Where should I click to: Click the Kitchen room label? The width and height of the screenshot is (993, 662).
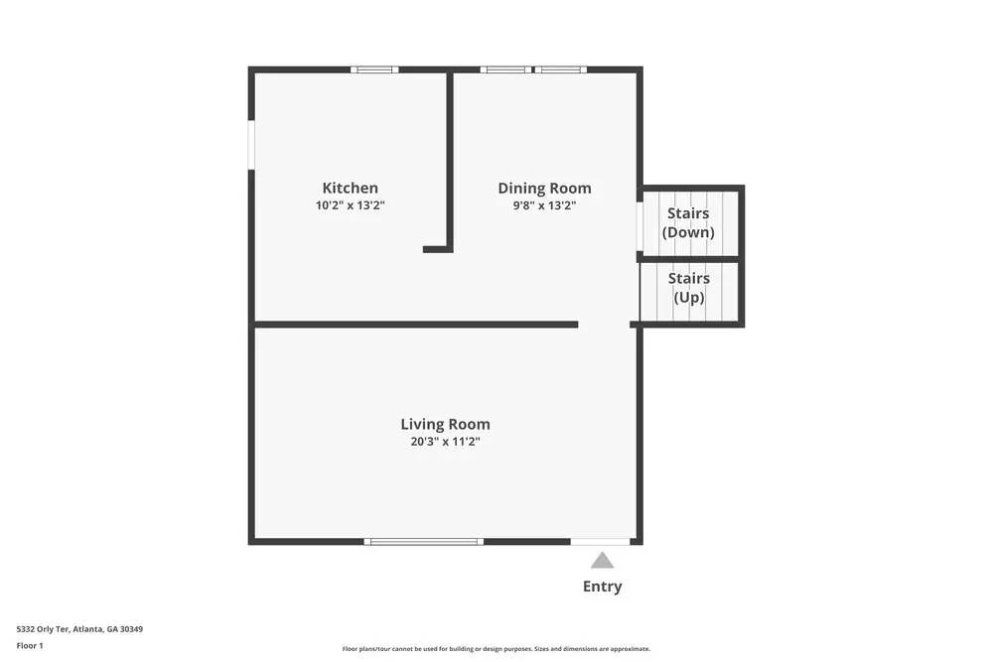(350, 188)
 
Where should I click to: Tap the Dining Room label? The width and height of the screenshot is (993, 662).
(544, 188)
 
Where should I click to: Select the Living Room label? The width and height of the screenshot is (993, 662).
(445, 424)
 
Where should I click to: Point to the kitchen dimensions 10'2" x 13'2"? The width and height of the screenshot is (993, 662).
(350, 205)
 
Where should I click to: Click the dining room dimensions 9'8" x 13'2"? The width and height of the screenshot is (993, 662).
(544, 205)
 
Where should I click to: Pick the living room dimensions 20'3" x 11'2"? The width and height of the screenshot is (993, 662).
(445, 442)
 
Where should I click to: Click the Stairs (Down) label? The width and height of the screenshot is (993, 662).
(688, 222)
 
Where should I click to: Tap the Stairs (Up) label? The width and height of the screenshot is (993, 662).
(688, 288)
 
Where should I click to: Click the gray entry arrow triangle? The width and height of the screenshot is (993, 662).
(602, 561)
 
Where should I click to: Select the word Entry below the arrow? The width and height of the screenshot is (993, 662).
(602, 587)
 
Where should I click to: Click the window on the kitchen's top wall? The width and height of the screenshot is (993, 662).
(374, 69)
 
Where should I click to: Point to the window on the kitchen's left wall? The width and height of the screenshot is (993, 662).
(252, 145)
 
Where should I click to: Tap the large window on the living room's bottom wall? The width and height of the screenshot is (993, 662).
(423, 541)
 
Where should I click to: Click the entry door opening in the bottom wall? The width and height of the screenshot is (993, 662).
(600, 541)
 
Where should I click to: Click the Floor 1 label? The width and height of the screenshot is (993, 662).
(30, 645)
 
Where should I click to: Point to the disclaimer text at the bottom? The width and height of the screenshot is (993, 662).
(496, 649)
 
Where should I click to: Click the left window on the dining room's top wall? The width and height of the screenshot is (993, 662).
(505, 69)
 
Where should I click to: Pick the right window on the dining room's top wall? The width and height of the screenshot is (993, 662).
(560, 69)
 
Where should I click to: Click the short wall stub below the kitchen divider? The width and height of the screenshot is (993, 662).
(438, 249)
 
